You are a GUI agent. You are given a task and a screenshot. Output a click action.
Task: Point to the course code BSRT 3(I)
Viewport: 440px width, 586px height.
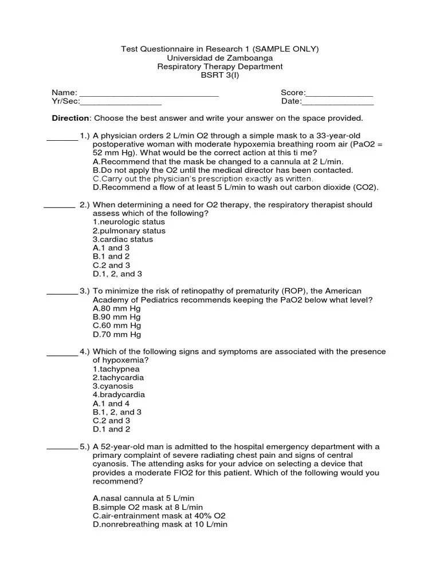(219, 75)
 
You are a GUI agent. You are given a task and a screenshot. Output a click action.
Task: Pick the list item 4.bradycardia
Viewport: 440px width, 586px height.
(119, 395)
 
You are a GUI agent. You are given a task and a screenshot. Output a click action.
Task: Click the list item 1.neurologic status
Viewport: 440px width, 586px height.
(128, 222)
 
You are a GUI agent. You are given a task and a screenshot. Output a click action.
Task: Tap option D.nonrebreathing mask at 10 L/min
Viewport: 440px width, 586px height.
(160, 524)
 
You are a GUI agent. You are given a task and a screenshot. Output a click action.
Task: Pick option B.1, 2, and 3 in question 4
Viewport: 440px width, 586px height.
(117, 412)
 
